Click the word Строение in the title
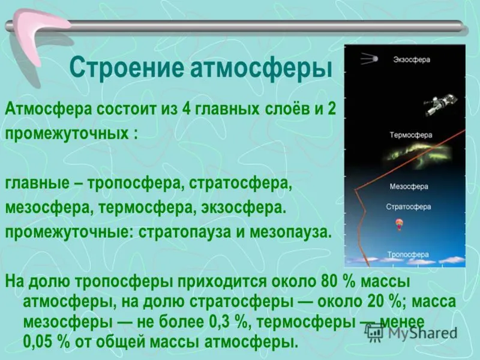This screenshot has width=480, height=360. pyautogui.click(x=127, y=68)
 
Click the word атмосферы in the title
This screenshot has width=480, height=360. pyautogui.click(x=261, y=68)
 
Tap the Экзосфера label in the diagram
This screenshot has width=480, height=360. pyautogui.click(x=412, y=59)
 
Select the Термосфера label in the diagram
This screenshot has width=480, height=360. pyautogui.click(x=411, y=135)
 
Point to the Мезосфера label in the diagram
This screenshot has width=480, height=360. pyautogui.click(x=409, y=187)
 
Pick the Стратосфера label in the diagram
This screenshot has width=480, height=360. pyautogui.click(x=409, y=207)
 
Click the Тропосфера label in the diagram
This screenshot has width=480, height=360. pyautogui.click(x=408, y=254)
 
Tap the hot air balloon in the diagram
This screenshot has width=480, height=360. pyautogui.click(x=399, y=224)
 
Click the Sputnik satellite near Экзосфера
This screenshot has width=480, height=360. pyautogui.click(x=369, y=58)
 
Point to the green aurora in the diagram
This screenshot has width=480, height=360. pyautogui.click(x=418, y=155)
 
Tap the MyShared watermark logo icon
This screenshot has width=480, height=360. pyautogui.click(x=374, y=332)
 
